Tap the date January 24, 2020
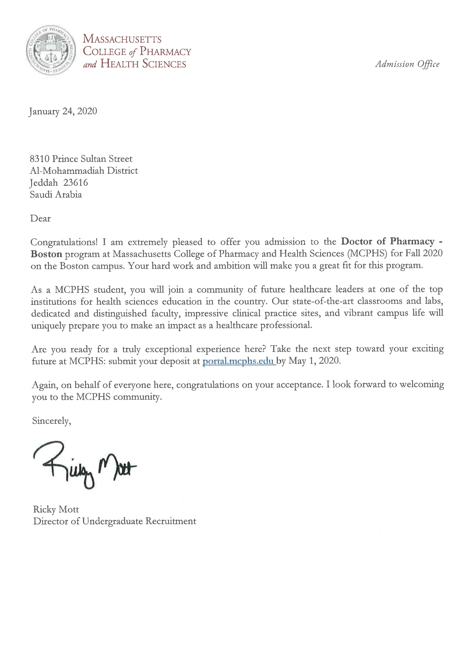point(63,111)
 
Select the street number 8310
point(40,159)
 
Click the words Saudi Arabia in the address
point(56,194)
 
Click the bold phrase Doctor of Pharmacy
point(387,241)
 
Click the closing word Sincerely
point(51,421)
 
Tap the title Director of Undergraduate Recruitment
point(115,521)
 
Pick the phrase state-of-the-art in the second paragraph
point(323,301)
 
